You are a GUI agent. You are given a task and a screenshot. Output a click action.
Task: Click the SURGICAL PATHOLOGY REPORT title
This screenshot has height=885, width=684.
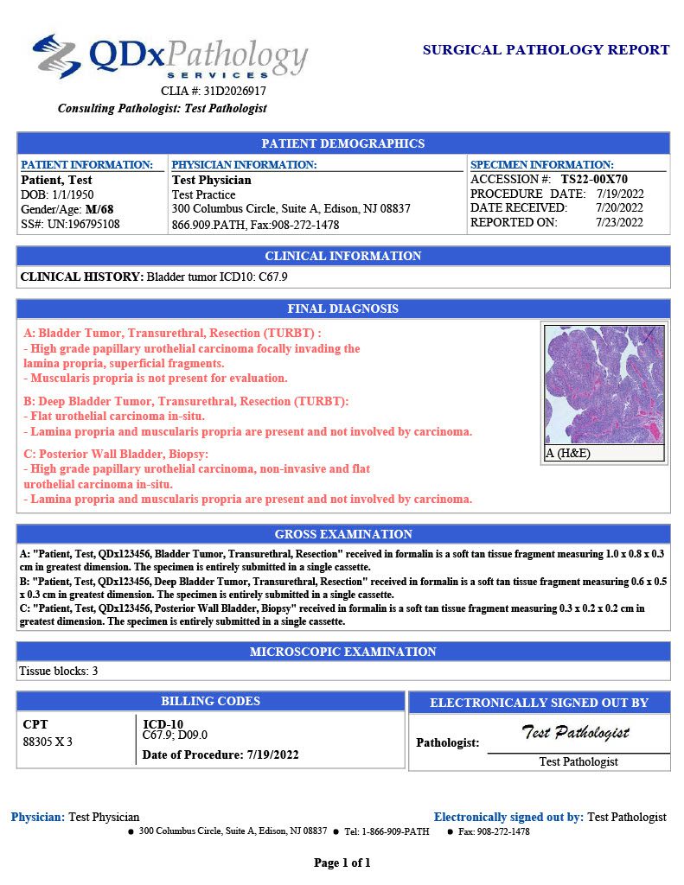coord(546,50)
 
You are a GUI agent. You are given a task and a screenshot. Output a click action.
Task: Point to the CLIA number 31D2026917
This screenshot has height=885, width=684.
coord(234,91)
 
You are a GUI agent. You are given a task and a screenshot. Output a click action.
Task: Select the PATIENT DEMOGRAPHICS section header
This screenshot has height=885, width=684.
coord(343,143)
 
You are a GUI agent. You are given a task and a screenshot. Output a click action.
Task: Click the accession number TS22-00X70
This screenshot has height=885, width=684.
coord(594,180)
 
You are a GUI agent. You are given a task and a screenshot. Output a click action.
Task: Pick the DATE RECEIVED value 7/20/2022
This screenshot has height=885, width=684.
coord(619,207)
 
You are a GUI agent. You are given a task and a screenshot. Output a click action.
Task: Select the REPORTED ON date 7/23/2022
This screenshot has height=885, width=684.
coord(619,222)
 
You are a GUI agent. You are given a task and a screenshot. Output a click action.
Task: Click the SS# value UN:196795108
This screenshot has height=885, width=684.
coord(83,224)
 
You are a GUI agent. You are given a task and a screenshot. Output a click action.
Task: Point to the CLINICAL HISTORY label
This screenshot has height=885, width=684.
coord(81,277)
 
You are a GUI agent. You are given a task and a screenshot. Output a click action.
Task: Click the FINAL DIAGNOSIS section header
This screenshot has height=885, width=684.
coord(343,309)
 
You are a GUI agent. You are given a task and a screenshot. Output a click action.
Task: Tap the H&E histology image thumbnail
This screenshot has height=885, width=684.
coord(604,385)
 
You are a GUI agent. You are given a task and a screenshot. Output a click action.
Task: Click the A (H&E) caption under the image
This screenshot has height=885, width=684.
coord(568,453)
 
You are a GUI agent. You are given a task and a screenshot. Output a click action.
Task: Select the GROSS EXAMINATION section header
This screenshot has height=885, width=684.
coord(343,534)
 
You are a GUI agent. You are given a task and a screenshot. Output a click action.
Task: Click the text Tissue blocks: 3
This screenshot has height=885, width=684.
coord(59,670)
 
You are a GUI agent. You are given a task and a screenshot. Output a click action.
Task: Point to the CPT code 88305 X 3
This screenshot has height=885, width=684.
coord(48,742)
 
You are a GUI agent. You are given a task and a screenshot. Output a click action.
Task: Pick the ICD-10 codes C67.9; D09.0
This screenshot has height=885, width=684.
coord(175,735)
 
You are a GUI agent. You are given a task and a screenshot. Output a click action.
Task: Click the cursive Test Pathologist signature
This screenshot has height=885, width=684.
coord(575,733)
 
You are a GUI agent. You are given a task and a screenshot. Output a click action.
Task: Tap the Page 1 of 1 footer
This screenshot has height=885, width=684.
coord(342,863)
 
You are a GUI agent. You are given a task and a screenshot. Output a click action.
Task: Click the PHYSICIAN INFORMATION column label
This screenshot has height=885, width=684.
coord(244,164)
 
